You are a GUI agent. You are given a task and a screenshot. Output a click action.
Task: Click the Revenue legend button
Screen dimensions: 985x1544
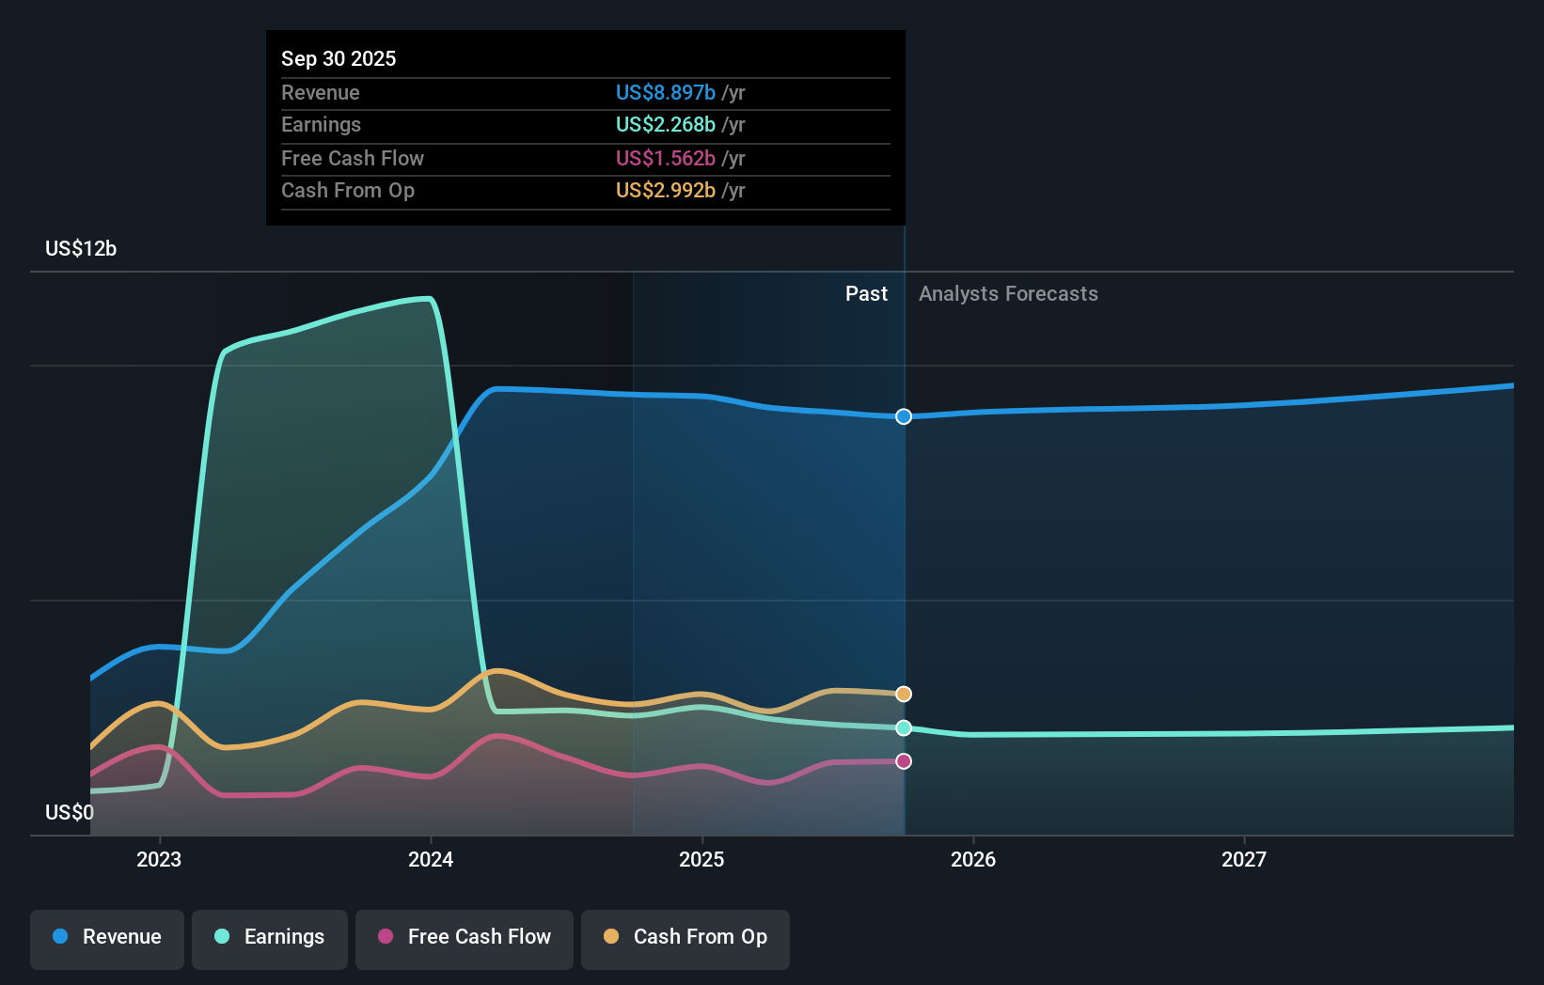click(107, 937)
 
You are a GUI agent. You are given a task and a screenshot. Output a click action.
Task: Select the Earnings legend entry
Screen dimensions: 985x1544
click(270, 937)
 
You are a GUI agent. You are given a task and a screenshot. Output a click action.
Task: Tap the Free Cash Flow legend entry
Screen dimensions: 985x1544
click(465, 937)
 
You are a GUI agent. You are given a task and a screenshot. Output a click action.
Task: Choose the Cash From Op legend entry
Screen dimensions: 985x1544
click(685, 937)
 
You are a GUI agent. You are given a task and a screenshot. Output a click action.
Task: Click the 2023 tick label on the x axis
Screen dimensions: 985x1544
click(159, 859)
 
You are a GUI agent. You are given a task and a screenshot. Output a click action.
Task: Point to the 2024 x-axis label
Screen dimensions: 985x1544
click(431, 859)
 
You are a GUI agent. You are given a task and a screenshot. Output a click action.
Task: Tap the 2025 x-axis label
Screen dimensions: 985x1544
click(701, 859)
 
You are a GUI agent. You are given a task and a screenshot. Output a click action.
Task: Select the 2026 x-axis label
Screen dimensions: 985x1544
click(973, 859)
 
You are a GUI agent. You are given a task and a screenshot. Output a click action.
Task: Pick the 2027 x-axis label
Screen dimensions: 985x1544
click(1244, 859)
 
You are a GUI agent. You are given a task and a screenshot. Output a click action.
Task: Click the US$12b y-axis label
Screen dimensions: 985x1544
click(81, 249)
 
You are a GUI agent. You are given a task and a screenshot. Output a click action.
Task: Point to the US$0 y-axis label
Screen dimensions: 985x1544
click(70, 812)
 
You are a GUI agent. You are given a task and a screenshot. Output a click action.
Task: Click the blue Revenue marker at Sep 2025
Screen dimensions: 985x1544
click(904, 416)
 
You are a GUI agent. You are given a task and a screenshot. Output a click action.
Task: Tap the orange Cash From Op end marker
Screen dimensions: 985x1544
click(904, 694)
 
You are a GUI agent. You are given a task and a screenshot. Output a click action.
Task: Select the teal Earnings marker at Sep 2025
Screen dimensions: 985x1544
click(904, 727)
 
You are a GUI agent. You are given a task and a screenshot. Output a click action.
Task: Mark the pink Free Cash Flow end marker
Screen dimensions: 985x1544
click(904, 761)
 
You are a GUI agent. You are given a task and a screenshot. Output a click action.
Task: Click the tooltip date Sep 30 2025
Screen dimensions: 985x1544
click(339, 58)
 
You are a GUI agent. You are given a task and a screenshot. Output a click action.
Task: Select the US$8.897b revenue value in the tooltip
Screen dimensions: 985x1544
click(666, 92)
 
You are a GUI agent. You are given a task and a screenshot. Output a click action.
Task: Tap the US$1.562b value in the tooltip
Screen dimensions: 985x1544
click(666, 158)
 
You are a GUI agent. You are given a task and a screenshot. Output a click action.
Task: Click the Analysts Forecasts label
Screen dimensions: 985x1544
click(1008, 294)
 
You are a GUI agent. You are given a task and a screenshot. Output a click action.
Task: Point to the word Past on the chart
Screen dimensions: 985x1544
click(866, 294)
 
